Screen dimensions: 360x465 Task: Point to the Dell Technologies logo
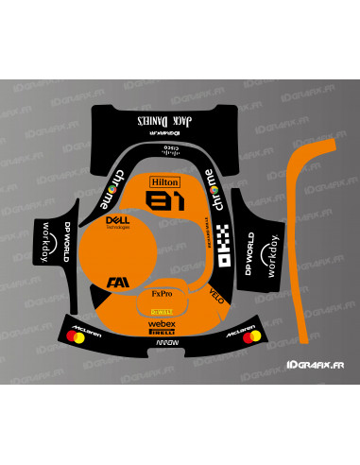click(115, 223)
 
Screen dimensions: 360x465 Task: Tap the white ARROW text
click(163, 347)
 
